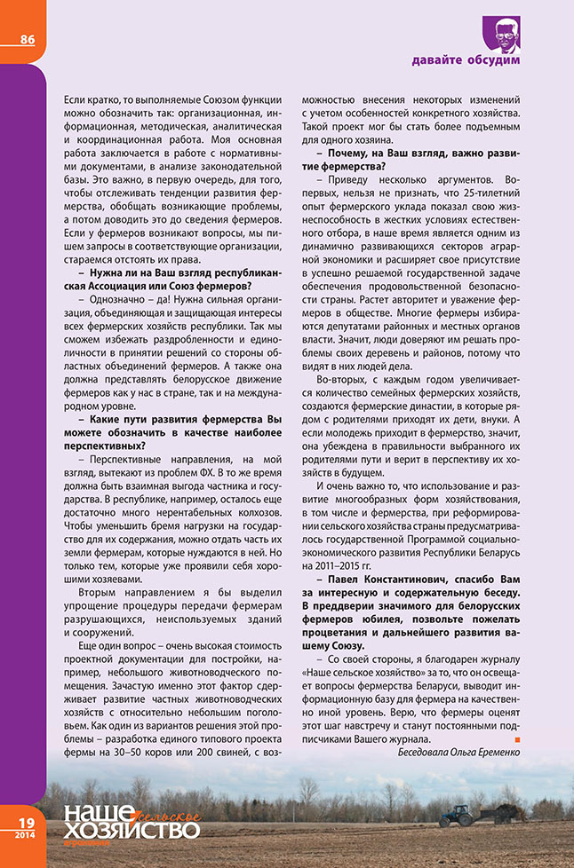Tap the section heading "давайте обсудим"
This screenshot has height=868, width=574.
pos(466,60)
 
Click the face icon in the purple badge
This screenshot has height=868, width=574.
pos(504,32)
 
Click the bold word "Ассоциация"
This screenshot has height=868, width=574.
pos(104,286)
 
